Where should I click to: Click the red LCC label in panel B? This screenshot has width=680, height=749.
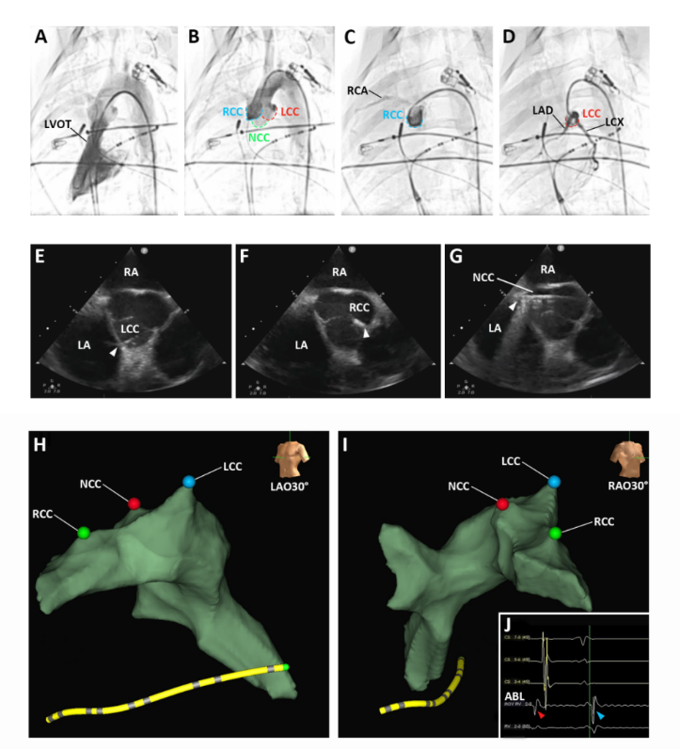click(x=292, y=112)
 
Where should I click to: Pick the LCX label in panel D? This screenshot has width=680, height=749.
click(x=616, y=122)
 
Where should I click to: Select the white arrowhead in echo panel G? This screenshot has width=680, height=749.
click(x=512, y=307)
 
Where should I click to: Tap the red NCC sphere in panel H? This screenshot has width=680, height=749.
click(x=134, y=503)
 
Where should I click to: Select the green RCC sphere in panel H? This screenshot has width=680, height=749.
click(x=84, y=533)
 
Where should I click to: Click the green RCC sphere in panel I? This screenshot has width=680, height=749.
click(x=555, y=534)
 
